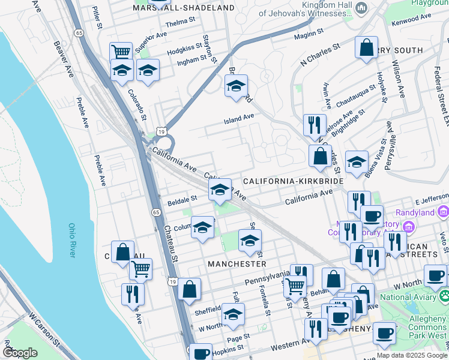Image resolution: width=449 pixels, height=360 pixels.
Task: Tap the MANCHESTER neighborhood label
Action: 237,263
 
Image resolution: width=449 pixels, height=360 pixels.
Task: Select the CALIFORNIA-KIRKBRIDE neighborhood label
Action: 293,181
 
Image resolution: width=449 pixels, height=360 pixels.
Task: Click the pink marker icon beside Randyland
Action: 444,211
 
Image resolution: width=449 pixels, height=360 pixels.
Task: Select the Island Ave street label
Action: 239,119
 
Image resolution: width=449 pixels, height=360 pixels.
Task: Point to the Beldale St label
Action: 182,198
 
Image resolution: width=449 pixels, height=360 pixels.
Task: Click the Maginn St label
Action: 309,35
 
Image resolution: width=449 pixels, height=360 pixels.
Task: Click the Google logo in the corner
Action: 20,353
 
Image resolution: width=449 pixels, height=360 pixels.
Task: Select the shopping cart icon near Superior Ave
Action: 121,52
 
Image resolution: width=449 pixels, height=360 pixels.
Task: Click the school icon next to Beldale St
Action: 220,190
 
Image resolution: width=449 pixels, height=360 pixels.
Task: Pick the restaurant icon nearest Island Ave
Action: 315,124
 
